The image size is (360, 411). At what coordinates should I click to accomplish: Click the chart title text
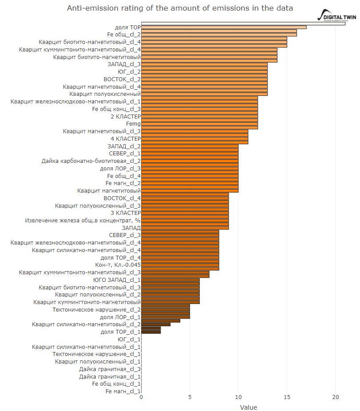click(180, 8)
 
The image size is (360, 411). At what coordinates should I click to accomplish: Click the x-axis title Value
click(248, 407)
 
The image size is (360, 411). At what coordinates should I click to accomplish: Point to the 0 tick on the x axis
click(141, 397)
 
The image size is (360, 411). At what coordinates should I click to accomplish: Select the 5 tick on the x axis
click(190, 397)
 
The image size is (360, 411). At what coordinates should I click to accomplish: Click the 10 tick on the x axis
click(238, 397)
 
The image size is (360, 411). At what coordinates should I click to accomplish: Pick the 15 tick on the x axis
click(287, 397)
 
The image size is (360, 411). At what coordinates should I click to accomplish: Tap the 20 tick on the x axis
click(335, 397)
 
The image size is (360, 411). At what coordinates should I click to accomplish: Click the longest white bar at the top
click(243, 24)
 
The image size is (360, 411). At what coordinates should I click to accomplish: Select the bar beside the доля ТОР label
click(224, 27)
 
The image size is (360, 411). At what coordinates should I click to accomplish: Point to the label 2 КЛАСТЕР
click(126, 116)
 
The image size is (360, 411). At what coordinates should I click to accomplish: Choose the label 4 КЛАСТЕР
click(126, 138)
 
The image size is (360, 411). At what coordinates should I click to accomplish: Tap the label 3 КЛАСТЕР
click(126, 213)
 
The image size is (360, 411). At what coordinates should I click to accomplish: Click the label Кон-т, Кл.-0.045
click(118, 265)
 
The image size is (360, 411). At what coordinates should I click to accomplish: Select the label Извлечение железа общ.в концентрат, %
click(83, 221)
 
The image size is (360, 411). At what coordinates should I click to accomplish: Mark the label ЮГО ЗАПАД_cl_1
click(117, 280)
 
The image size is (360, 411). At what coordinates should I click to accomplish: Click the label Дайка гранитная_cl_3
click(110, 369)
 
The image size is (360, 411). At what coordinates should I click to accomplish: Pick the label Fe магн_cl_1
click(123, 391)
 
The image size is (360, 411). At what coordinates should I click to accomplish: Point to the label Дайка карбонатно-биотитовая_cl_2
click(91, 161)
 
